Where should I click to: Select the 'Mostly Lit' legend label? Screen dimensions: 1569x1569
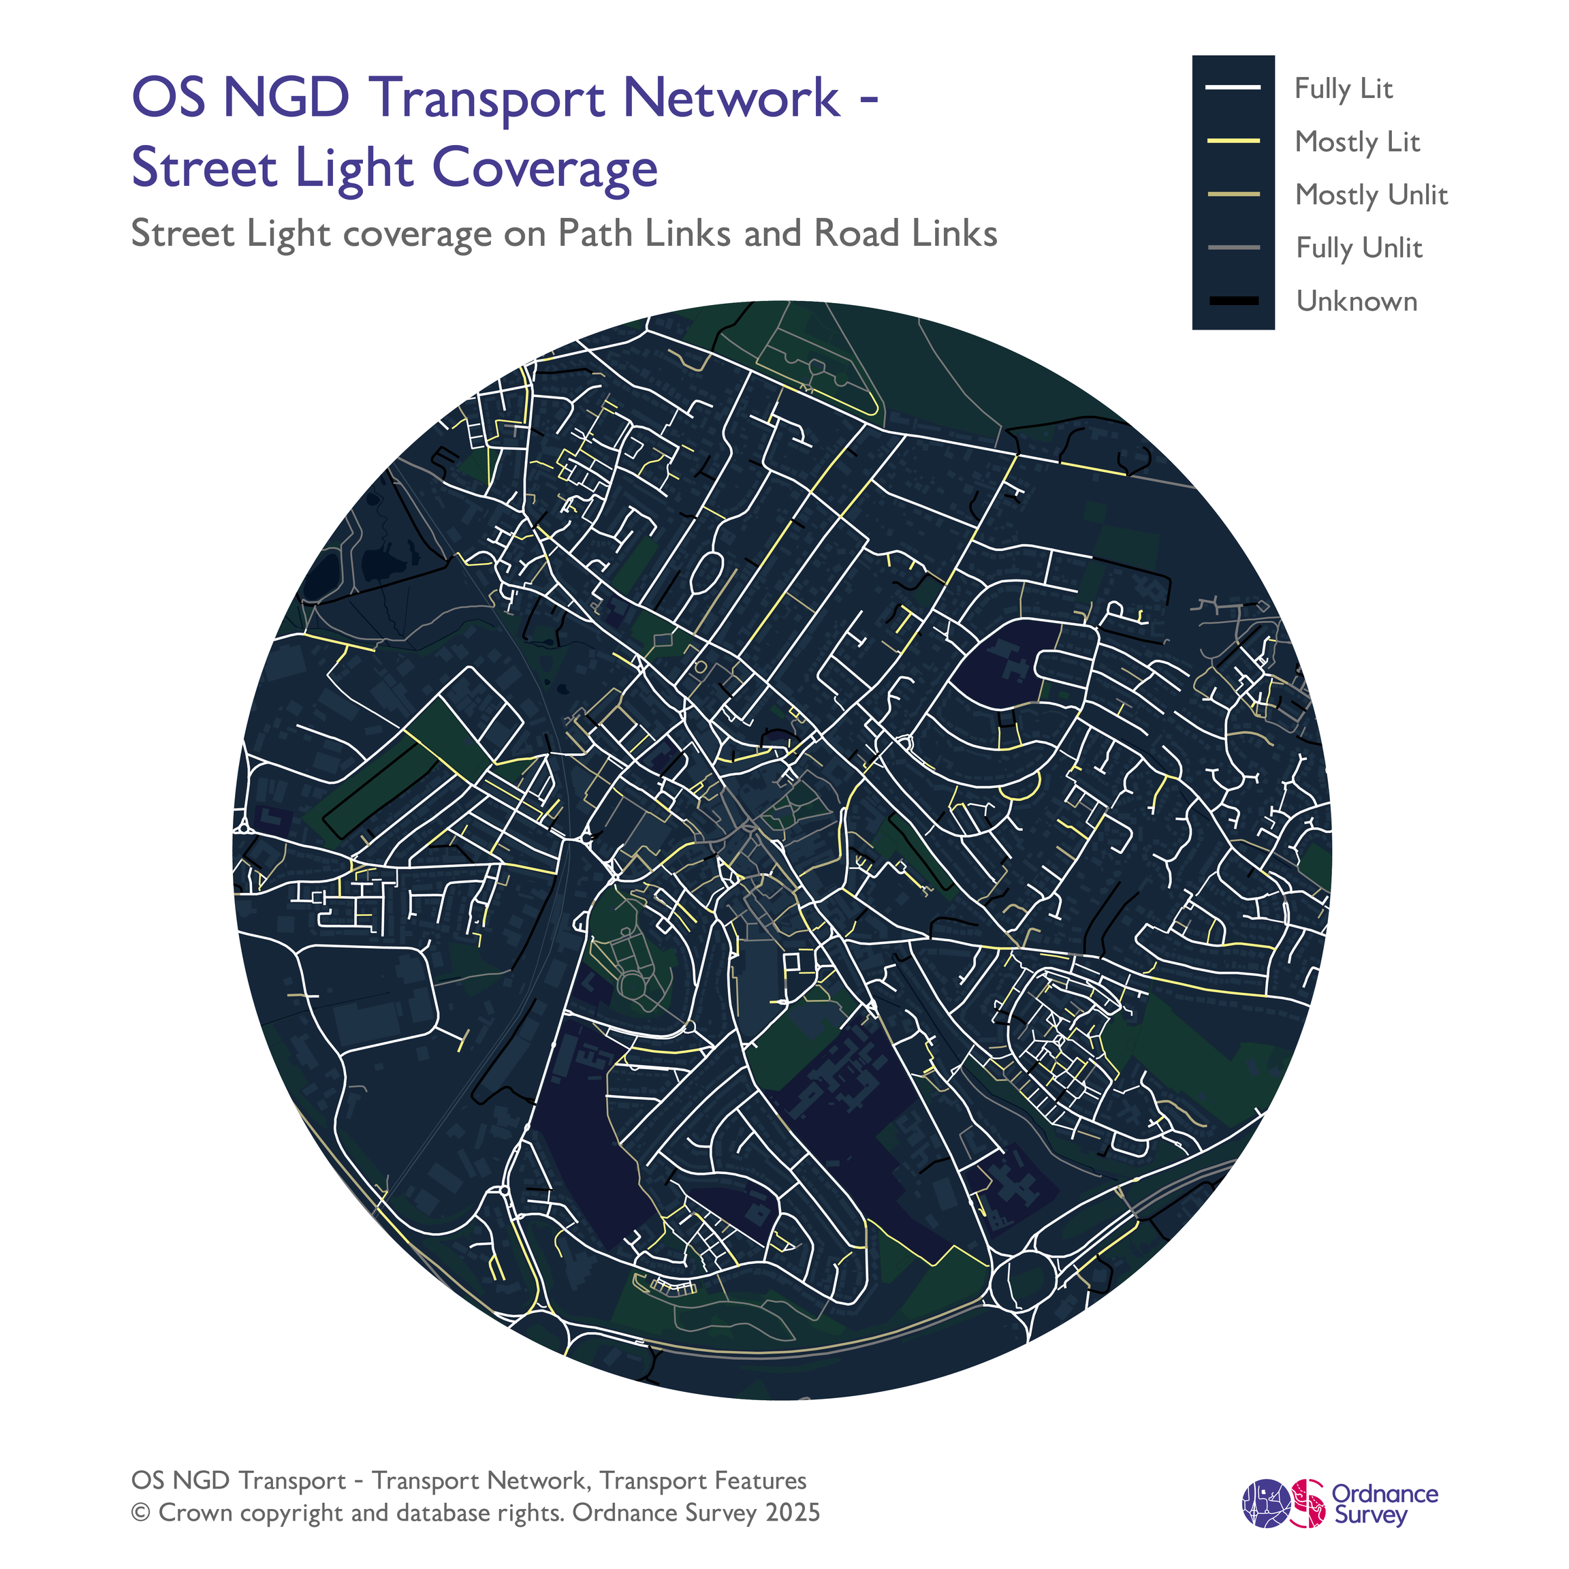(x=1357, y=142)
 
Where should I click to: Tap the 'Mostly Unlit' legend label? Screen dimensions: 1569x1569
(x=1371, y=195)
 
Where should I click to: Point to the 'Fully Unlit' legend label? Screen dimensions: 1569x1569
(x=1359, y=248)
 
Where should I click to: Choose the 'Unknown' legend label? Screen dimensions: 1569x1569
(x=1357, y=301)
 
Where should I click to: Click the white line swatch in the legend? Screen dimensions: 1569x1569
(x=1233, y=88)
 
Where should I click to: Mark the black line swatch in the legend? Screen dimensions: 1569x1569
(x=1233, y=301)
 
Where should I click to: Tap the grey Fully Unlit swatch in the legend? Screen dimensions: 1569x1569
(x=1233, y=248)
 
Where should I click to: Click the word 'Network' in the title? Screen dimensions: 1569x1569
(x=731, y=97)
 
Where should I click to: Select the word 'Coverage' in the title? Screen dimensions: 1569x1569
(x=544, y=168)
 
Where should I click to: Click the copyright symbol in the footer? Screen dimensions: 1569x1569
(x=142, y=1513)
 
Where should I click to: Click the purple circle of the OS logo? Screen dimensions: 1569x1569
(x=1266, y=1504)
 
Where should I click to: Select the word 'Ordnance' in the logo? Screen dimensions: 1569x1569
(x=1384, y=1494)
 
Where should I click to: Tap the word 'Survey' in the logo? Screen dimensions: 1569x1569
(x=1371, y=1515)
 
